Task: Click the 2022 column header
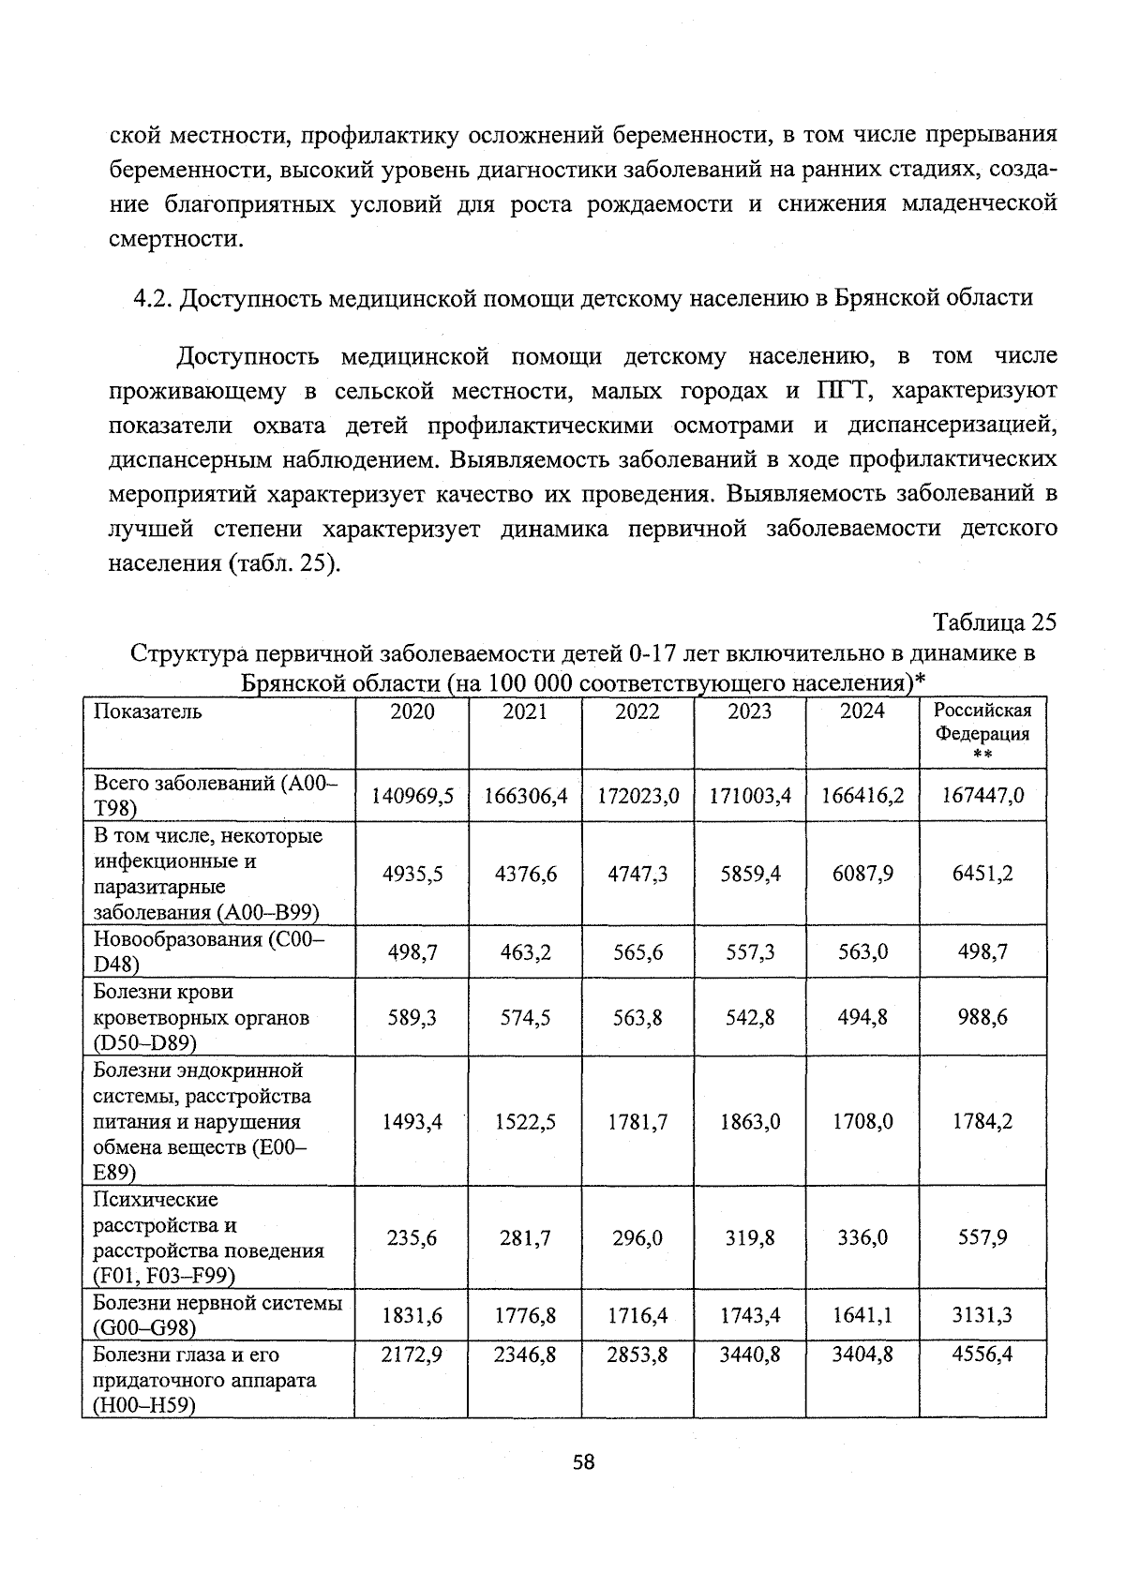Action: click(637, 711)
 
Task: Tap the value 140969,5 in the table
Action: click(412, 796)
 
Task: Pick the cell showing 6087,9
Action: click(862, 874)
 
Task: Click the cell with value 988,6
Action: click(982, 1017)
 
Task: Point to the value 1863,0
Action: click(750, 1122)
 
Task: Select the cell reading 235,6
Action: click(412, 1238)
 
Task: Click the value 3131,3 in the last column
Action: click(982, 1315)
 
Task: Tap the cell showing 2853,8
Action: click(637, 1355)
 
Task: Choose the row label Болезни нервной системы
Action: click(217, 1303)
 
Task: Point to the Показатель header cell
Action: click(147, 711)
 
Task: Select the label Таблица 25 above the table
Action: click(995, 622)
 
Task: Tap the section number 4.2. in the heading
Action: click(152, 298)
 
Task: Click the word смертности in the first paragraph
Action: click(170, 239)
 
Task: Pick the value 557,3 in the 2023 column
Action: click(750, 952)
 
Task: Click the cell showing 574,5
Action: click(525, 1017)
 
